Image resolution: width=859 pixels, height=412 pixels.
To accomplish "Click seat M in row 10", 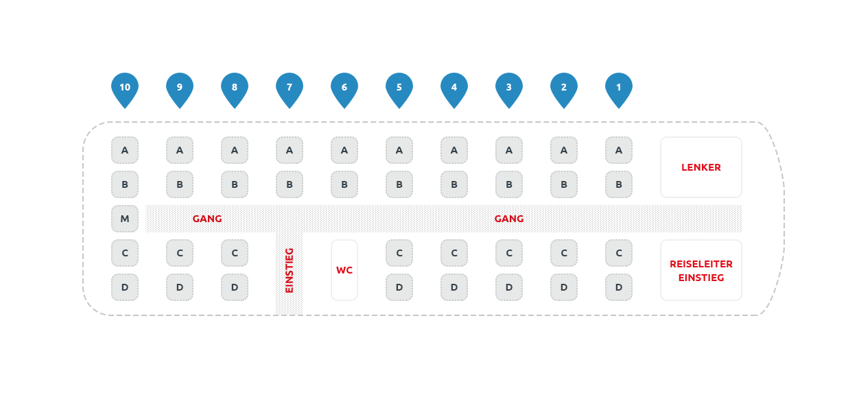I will coord(125,219).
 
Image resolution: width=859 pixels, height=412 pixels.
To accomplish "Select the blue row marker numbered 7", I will coord(290,88).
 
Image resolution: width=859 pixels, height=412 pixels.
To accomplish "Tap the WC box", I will coord(344,270).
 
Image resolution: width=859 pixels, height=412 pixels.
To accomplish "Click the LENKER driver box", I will coord(701,167).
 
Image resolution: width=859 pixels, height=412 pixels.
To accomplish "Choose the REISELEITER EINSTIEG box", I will coord(701,270).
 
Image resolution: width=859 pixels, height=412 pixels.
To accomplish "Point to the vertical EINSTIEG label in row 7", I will coord(290,270).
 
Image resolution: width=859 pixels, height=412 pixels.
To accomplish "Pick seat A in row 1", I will coord(619,150).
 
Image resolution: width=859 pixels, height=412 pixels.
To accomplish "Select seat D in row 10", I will coord(125,287).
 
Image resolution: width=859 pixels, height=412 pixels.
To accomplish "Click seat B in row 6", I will coord(344,184).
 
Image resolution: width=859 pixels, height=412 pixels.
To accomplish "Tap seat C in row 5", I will coord(399,253).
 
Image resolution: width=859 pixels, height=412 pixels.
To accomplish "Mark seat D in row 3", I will coord(509,287).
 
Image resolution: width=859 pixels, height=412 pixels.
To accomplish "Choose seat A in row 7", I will coord(290,150).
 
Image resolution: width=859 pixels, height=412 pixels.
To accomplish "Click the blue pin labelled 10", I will coord(125,88).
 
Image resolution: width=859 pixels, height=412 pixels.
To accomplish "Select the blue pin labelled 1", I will coord(619,88).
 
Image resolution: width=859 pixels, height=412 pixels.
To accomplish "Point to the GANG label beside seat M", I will coord(207,219).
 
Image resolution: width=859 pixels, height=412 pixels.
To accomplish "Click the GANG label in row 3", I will coord(509,219).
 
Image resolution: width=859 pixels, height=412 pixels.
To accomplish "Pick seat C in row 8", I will coord(235,253).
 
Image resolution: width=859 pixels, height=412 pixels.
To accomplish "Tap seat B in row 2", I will coord(564,184).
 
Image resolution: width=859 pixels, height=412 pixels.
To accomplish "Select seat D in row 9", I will coord(180,287).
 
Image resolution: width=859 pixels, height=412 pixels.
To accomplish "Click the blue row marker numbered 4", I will coord(454,88).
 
